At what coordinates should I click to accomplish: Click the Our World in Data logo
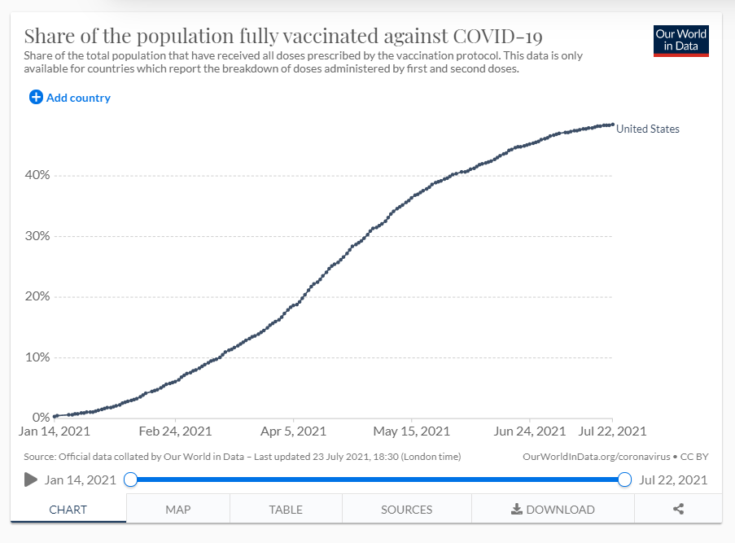(681, 41)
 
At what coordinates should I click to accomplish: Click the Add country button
(70, 98)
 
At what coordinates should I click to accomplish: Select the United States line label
(647, 129)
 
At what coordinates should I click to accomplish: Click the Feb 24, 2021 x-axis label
(175, 431)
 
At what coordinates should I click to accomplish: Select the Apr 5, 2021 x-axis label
(295, 431)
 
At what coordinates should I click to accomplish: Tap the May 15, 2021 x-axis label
(411, 431)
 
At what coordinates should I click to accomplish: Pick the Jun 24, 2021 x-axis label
(530, 431)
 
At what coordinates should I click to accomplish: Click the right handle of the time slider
(624, 480)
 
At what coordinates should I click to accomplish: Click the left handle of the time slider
(130, 480)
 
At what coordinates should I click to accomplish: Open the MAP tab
(177, 510)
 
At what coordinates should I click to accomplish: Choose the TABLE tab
(286, 510)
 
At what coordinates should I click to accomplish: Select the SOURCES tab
(406, 510)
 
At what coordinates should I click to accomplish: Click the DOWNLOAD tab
(553, 510)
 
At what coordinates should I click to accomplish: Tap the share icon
(678, 510)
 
